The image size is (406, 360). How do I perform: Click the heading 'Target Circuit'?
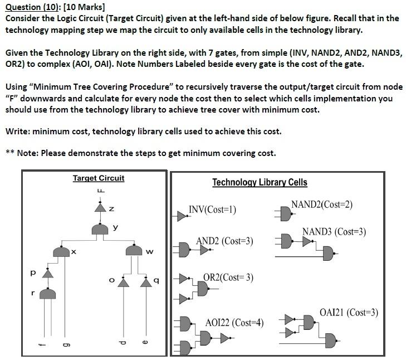99,178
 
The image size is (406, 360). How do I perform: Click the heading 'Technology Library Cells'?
260,182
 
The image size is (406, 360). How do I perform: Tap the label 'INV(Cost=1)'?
212,210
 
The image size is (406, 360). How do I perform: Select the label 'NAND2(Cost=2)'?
321,205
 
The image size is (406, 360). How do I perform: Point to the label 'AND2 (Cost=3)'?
224,241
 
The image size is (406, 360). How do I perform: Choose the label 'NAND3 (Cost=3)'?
334,231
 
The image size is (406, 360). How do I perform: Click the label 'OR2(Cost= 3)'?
228,277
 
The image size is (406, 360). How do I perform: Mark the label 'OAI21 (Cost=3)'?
349,313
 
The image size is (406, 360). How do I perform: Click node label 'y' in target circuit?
115,227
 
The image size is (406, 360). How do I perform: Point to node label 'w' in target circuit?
149,252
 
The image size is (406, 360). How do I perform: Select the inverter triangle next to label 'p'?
48,274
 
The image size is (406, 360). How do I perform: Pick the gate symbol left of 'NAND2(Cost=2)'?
284,213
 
